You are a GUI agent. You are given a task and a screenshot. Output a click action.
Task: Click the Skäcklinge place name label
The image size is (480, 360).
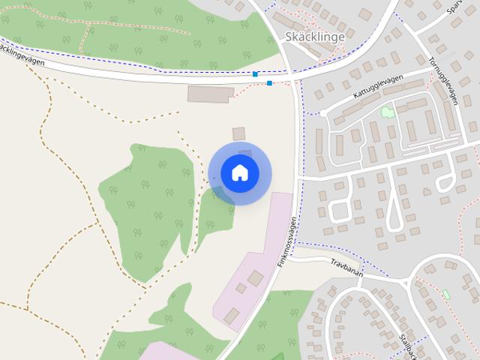[315, 36]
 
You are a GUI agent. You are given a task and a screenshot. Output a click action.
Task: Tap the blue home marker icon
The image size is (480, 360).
[240, 172]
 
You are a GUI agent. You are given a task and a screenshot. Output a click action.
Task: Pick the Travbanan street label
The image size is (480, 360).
[346, 268]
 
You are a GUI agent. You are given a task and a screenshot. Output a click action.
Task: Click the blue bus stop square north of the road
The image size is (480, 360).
[256, 74]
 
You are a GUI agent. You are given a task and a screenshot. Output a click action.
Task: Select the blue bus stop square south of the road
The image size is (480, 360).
[269, 83]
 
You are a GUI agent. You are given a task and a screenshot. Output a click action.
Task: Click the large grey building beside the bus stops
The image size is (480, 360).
[211, 94]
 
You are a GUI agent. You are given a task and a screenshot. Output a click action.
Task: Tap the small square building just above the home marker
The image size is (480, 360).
[238, 133]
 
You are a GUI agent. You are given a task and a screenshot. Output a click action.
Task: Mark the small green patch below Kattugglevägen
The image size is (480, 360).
[387, 112]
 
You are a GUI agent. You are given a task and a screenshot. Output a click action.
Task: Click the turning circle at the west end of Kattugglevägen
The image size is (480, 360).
[322, 113]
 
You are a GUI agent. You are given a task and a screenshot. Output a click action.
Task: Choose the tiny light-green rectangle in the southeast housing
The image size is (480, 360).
[446, 295]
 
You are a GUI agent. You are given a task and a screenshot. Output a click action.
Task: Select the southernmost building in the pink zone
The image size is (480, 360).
[232, 316]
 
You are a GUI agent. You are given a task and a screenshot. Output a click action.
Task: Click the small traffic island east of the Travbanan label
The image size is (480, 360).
[406, 283]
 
